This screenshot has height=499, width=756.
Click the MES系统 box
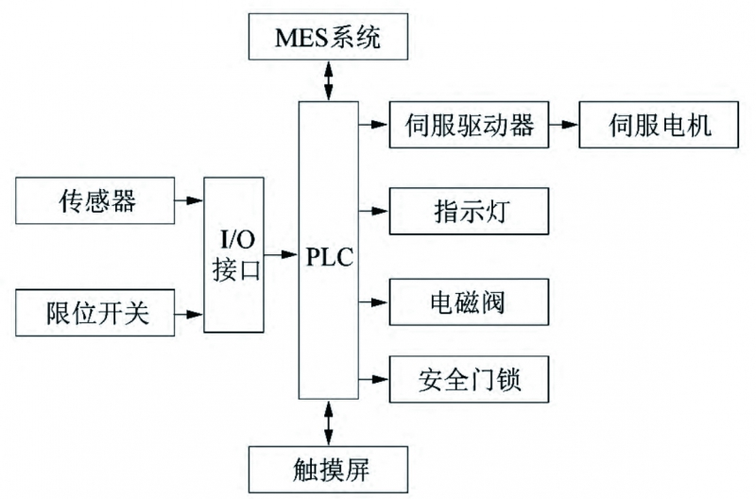[328, 38]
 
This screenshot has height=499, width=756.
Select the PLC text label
[328, 256]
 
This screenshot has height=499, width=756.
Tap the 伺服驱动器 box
[469, 124]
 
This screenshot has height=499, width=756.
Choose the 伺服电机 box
[658, 124]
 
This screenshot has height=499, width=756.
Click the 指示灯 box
[469, 210]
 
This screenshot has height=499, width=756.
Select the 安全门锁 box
[469, 381]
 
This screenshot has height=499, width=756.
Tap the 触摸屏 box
[328, 468]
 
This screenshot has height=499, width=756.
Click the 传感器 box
[95, 201]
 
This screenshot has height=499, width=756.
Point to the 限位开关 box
[95, 314]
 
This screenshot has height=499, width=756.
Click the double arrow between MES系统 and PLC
[328, 79]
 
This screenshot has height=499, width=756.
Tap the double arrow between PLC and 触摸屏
[328, 422]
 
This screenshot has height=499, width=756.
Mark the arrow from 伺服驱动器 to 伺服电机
[563, 124]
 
